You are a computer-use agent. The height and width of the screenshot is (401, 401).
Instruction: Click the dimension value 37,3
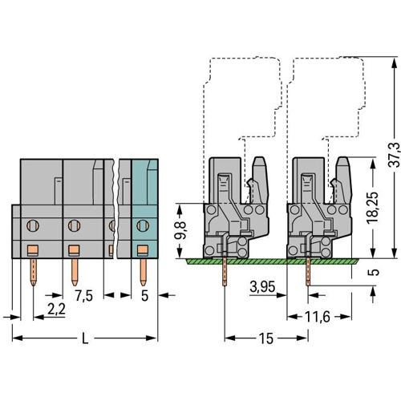point(394,155)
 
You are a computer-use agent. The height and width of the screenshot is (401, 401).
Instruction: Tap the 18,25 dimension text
point(373,207)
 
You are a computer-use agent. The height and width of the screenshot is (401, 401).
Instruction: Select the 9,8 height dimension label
point(180,230)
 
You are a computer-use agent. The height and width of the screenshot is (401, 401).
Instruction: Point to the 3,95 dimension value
point(262,287)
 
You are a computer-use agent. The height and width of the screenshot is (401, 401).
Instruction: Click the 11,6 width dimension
point(318,317)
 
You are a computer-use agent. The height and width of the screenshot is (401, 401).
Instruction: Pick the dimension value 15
point(266,338)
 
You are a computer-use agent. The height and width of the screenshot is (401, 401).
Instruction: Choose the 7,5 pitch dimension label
point(83,296)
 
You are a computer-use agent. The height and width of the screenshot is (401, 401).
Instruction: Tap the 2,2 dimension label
point(56,310)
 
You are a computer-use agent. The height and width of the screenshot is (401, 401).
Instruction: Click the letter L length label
point(85,338)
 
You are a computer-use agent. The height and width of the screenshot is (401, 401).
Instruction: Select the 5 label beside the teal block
point(144,296)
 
